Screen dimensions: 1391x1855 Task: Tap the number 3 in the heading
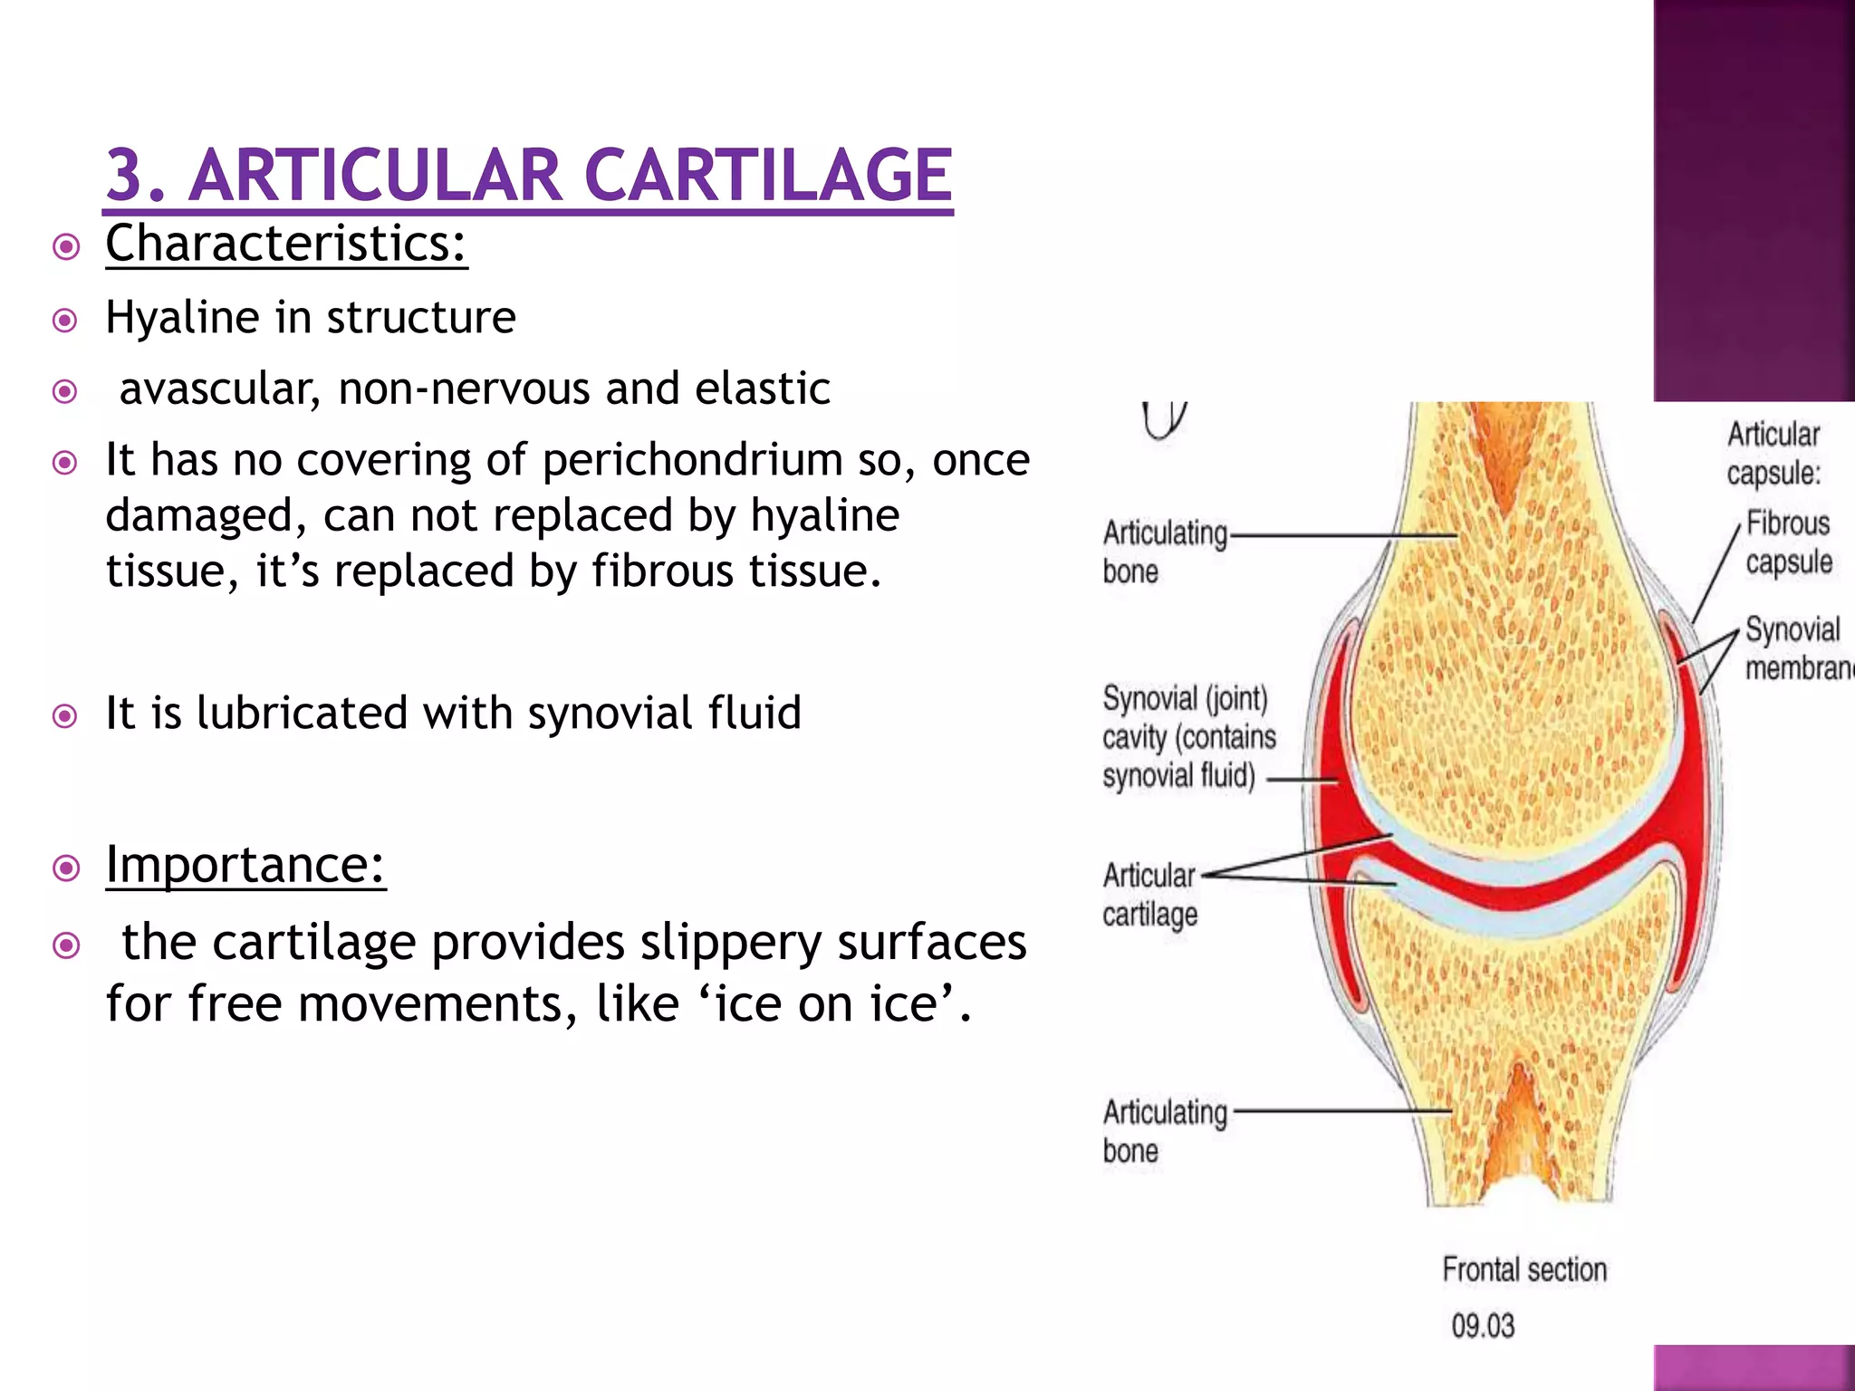point(126,176)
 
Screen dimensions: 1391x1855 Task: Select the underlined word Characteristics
point(285,245)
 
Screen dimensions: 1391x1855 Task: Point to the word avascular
point(218,389)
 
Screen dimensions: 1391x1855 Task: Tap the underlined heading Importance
point(245,865)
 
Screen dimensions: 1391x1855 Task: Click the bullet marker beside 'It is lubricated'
point(65,717)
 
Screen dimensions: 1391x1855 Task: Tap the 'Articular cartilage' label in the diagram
point(1149,895)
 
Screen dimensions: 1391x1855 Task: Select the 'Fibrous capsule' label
point(1788,542)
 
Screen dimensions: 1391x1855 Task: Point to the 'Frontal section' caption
point(1524,1270)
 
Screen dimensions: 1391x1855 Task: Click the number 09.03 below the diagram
point(1483,1326)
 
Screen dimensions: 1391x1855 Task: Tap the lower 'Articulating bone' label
point(1164,1131)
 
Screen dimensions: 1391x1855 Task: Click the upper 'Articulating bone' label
point(1164,552)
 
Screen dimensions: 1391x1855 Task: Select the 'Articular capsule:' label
point(1773,454)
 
